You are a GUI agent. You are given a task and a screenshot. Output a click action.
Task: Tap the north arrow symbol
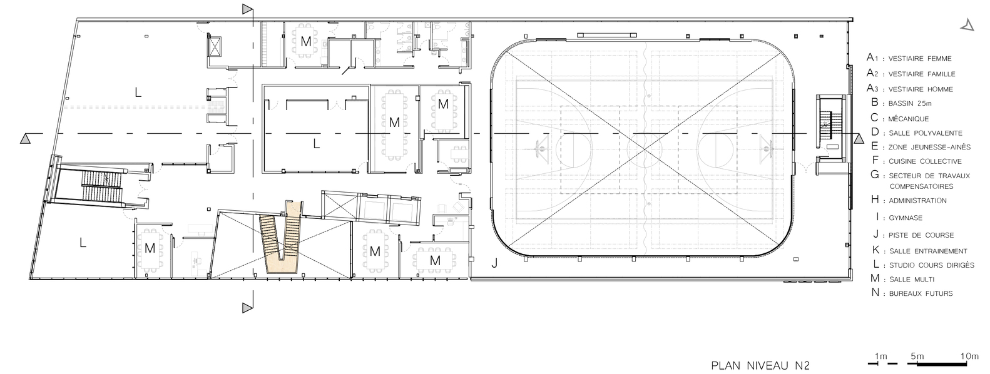tap(967, 25)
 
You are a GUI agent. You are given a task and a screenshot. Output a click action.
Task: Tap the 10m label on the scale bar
tap(969, 356)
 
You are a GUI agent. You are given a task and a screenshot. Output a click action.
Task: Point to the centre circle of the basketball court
tap(644, 149)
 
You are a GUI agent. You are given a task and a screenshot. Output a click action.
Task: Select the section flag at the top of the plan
tap(248, 9)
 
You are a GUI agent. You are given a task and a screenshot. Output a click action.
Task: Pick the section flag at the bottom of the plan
tap(247, 306)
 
